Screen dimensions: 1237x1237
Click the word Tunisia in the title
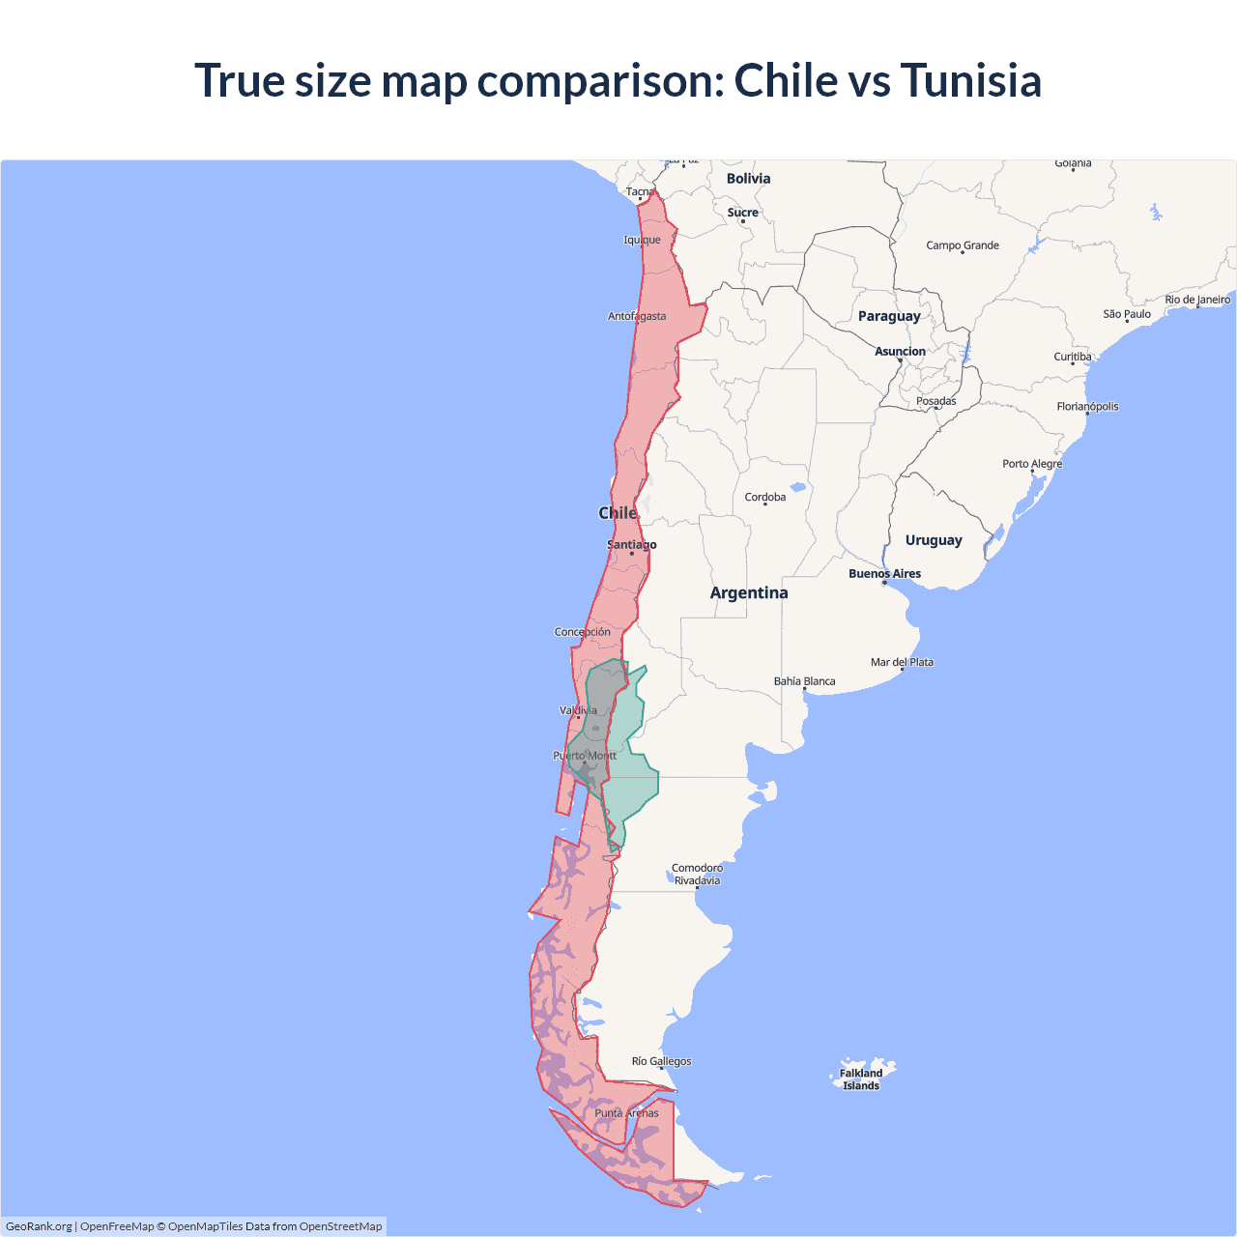coord(970,80)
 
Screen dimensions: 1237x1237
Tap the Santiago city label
coord(631,545)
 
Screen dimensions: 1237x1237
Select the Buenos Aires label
coord(884,574)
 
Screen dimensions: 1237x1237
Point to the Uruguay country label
coord(934,540)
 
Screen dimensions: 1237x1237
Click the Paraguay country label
coord(889,316)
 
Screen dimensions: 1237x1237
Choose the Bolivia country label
coord(748,179)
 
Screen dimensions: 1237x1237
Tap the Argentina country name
coord(749,593)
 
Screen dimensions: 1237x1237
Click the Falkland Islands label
coord(861,1079)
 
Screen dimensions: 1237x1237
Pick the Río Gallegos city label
coord(661,1061)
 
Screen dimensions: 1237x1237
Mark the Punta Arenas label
coord(626,1113)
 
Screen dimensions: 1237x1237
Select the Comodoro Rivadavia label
coord(697,874)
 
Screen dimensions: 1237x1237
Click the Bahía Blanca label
coord(804,681)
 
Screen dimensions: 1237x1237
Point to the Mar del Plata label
coord(902,662)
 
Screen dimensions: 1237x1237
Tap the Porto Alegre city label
coord(1032,464)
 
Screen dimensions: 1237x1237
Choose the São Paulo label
coord(1127,314)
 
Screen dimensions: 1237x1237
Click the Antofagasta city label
coord(637,316)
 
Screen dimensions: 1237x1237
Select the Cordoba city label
coord(765,498)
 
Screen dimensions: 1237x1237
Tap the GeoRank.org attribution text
coord(39,1226)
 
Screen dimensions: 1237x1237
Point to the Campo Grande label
coord(963,245)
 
